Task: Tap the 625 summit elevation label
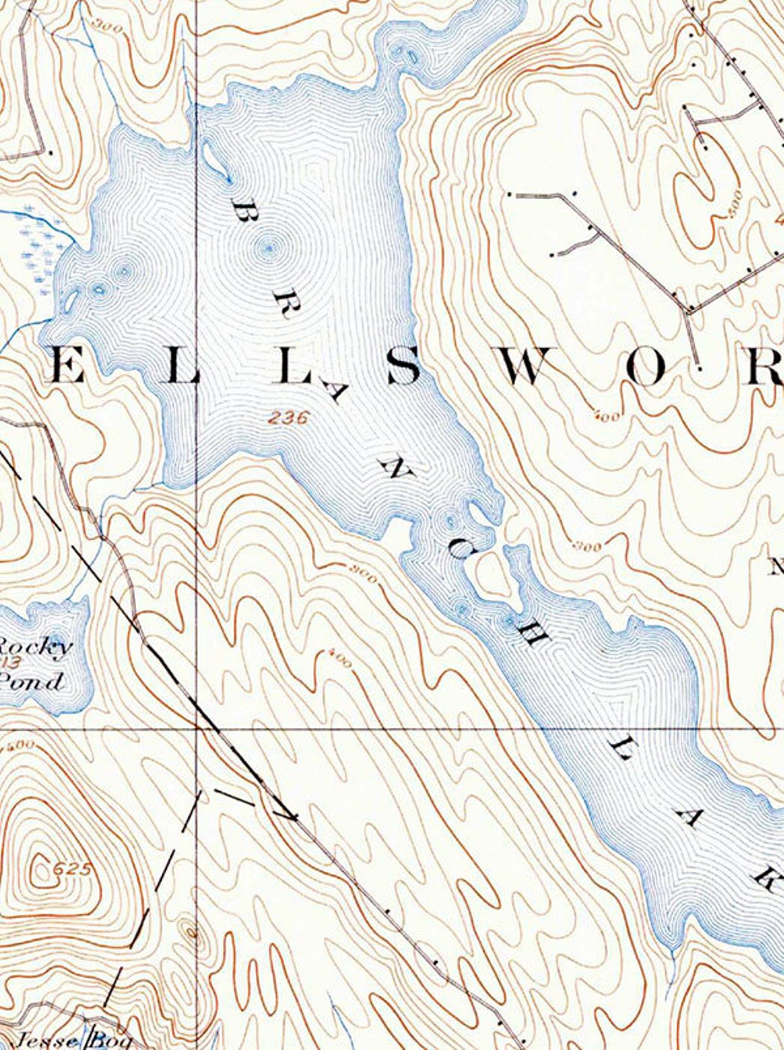71,869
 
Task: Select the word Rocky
34,647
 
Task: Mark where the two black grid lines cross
198,727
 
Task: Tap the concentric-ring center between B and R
269,248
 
